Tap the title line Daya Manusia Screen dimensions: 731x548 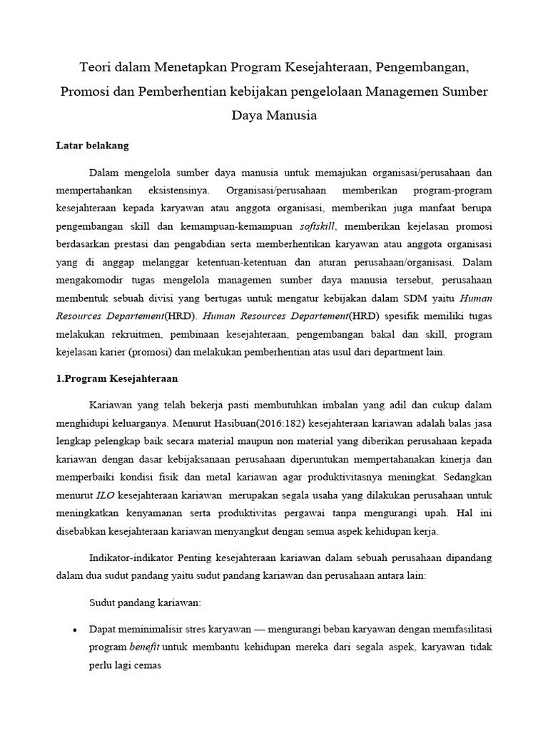274,115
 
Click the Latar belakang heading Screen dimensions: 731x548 93,146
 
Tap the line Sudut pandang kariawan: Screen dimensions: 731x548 145,603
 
